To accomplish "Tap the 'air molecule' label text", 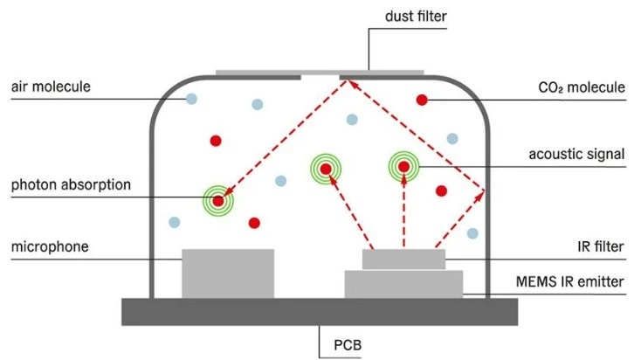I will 51,87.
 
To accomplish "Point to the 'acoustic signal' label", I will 577,154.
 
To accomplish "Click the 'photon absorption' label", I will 71,185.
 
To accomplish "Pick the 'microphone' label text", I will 51,247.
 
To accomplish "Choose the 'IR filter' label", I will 601,247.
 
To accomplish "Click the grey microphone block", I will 227,273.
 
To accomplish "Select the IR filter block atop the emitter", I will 403,260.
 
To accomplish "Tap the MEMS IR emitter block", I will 403,284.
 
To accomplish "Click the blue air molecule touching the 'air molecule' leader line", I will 190,99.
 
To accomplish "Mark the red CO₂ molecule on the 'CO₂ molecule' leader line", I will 422,100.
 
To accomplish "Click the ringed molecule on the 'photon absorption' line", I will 218,201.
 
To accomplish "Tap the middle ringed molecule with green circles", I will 325,169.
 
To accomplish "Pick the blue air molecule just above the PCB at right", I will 472,233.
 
